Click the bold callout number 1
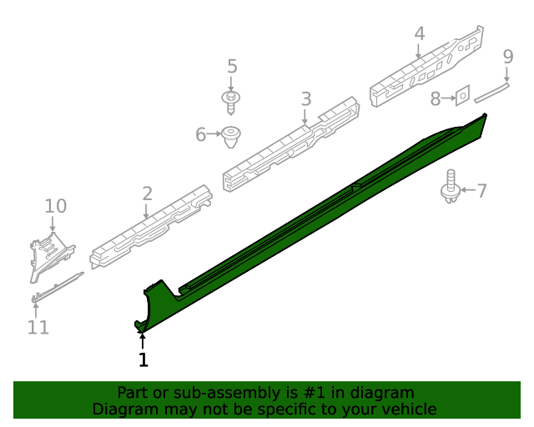(144, 359)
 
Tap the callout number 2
(147, 193)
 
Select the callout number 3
(306, 98)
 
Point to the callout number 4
(420, 33)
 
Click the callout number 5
(232, 66)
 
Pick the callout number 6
(200, 134)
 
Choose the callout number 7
(481, 191)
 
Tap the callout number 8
(436, 98)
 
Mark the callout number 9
(508, 57)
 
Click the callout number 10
(56, 206)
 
